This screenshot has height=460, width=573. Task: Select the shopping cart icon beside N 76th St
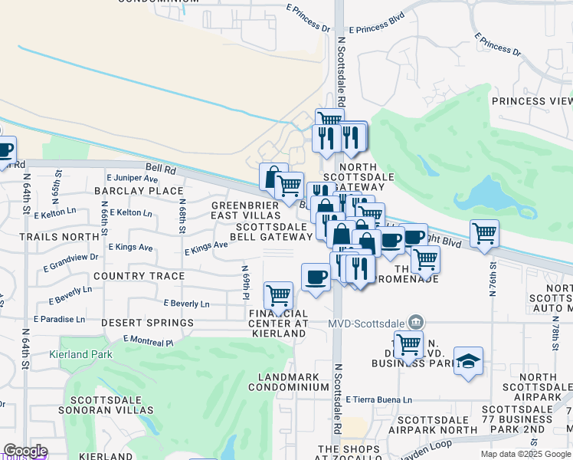coord(484,234)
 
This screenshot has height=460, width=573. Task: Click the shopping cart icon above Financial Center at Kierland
coord(278,294)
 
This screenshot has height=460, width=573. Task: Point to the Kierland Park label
coord(80,354)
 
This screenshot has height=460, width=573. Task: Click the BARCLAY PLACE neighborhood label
coord(139,191)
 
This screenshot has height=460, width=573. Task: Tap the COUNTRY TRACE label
coord(139,276)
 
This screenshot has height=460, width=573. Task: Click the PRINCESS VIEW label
coord(532,101)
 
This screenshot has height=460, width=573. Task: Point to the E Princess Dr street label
coord(497,44)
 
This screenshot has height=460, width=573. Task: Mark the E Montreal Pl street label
coord(146,340)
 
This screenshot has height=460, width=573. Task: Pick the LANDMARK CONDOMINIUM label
coord(293,383)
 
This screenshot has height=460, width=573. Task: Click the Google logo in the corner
coord(25,451)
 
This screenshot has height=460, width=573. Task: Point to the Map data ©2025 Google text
coord(526,454)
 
